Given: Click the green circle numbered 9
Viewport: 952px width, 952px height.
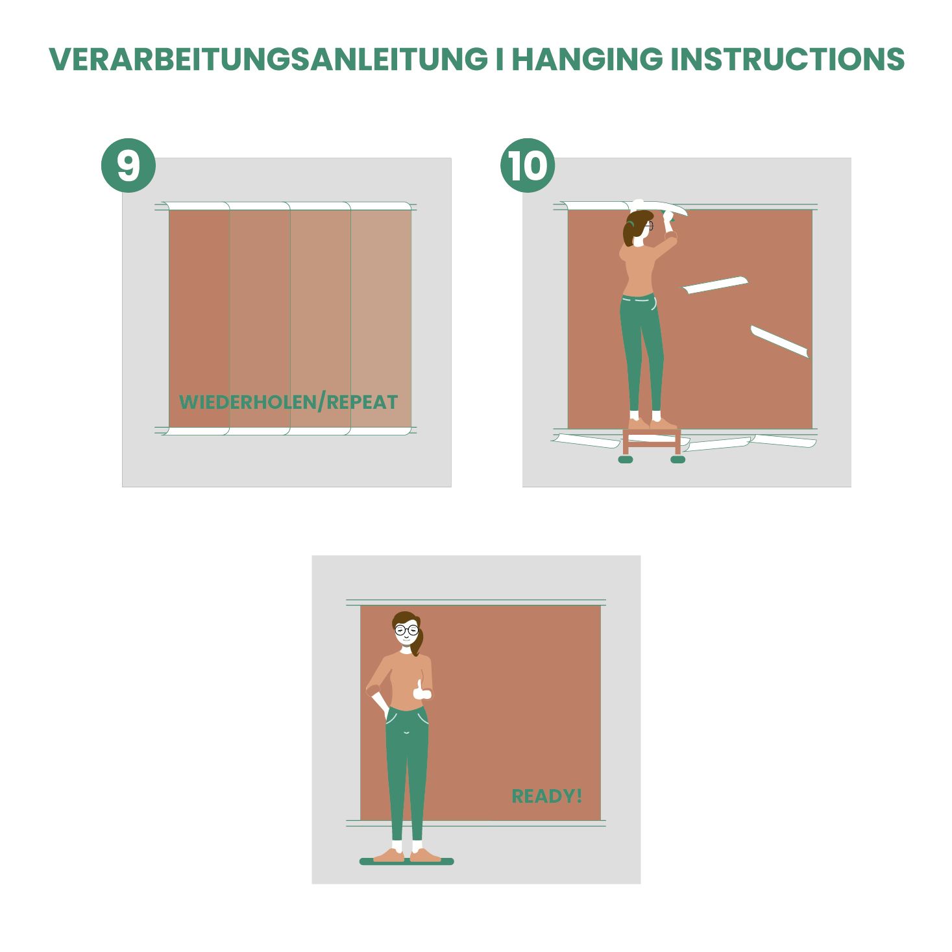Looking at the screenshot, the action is (x=128, y=165).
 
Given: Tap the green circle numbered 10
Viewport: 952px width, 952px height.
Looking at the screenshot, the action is (x=528, y=165).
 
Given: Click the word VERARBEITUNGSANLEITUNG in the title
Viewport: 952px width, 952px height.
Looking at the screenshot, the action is (x=268, y=59).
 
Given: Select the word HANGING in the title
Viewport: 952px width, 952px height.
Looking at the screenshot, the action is (x=587, y=59).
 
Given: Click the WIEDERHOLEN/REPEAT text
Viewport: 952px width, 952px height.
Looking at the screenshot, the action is (x=289, y=402).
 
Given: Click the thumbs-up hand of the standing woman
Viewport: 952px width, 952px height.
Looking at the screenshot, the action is (x=421, y=691).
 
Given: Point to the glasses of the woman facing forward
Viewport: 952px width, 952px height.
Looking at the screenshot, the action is (x=407, y=630).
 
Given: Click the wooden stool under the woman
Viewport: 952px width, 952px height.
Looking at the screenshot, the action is (x=652, y=443).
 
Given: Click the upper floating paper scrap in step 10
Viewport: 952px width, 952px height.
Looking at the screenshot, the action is (x=715, y=285).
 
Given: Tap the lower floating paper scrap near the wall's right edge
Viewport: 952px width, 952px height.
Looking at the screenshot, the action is (x=779, y=341).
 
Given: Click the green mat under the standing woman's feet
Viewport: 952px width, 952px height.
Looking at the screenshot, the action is (x=407, y=862).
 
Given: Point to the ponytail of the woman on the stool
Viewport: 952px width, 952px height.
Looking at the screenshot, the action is (x=628, y=233).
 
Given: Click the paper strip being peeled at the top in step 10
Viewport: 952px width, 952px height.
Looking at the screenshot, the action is (x=659, y=206).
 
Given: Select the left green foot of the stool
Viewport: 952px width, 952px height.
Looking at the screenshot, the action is (x=626, y=459).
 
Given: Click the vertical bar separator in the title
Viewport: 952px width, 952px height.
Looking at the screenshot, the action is (x=500, y=59).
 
